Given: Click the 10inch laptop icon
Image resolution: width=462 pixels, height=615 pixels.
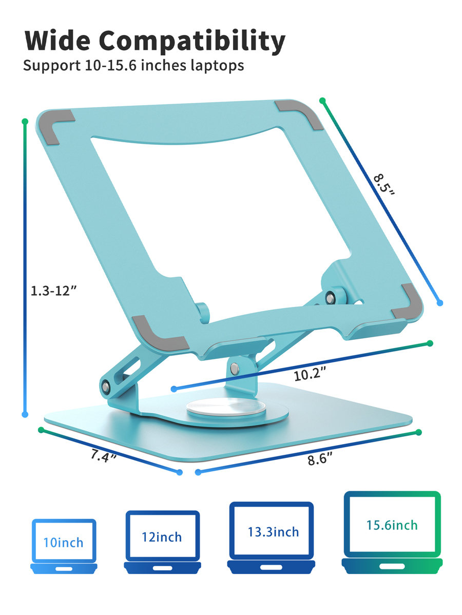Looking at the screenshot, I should coord(64,546).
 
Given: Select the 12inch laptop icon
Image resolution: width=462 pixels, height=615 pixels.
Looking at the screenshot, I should coord(162,542).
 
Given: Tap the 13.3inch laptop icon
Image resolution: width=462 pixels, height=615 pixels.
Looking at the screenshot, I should coord(272,536).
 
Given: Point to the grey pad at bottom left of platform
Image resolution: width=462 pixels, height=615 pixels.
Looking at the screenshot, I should coord(157,334).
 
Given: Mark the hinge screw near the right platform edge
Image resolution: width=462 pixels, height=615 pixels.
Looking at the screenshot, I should coord(329,297).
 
